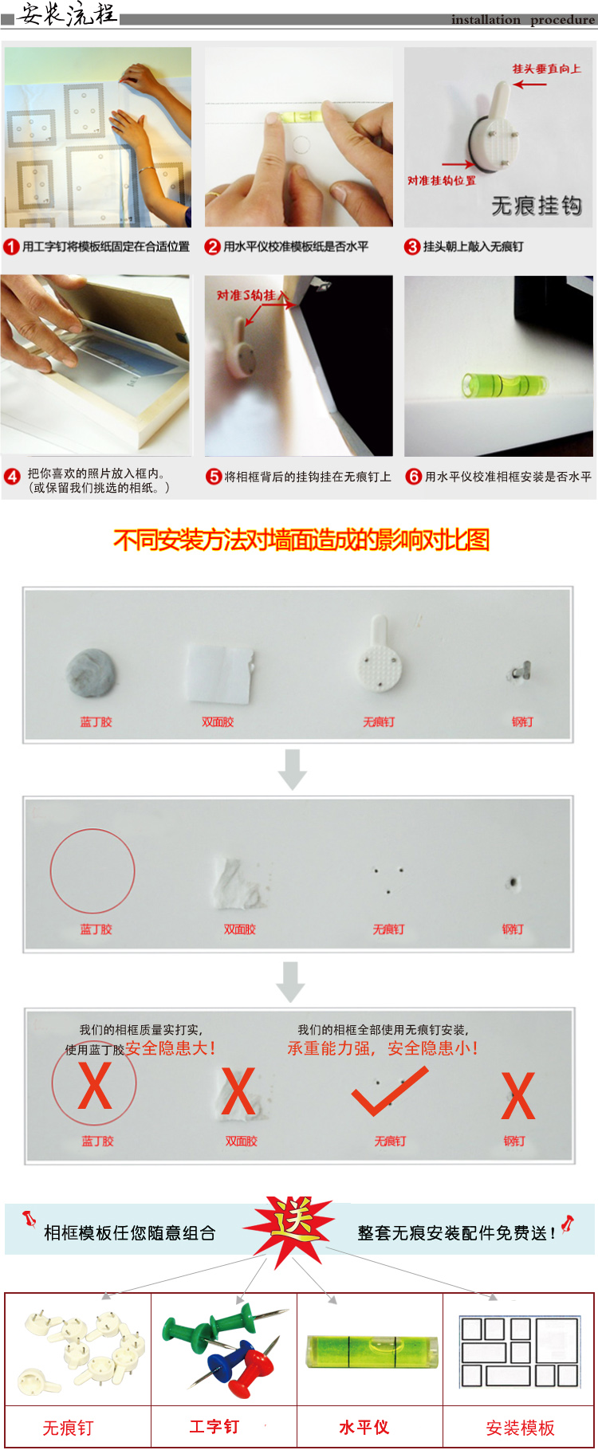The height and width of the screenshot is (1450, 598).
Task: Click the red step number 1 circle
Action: click(11, 247)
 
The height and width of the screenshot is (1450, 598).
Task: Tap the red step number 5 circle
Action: click(214, 477)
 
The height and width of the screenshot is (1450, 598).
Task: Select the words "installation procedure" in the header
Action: click(522, 20)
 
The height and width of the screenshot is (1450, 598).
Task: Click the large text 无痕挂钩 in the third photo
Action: click(537, 206)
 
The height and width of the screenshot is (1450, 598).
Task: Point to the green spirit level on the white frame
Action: click(505, 386)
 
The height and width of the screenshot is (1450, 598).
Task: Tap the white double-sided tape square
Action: click(220, 674)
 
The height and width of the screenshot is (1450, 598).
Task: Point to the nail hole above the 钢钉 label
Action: click(513, 882)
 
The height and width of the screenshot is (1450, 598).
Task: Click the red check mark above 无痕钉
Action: click(389, 1092)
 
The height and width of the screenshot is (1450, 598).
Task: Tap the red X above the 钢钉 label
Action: click(518, 1096)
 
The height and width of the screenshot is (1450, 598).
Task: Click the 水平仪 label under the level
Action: click(364, 1427)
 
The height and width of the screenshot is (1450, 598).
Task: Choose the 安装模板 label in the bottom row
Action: click(520, 1428)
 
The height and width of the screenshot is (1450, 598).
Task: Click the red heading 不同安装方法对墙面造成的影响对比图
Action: click(301, 540)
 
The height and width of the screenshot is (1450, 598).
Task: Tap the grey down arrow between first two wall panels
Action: click(293, 769)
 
